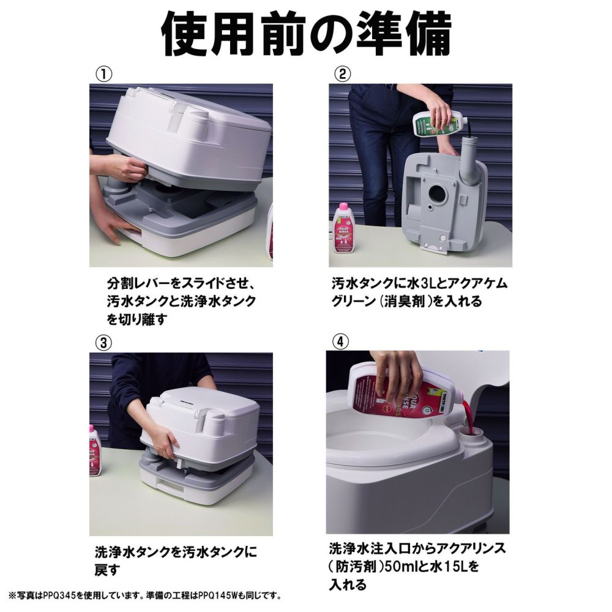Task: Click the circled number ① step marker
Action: pos(104,73)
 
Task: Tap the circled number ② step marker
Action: pos(342,73)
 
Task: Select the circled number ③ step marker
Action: pos(104,342)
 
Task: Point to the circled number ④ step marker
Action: pos(340,342)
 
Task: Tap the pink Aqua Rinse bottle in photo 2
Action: pos(344,231)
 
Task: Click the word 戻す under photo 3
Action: pos(106,570)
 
